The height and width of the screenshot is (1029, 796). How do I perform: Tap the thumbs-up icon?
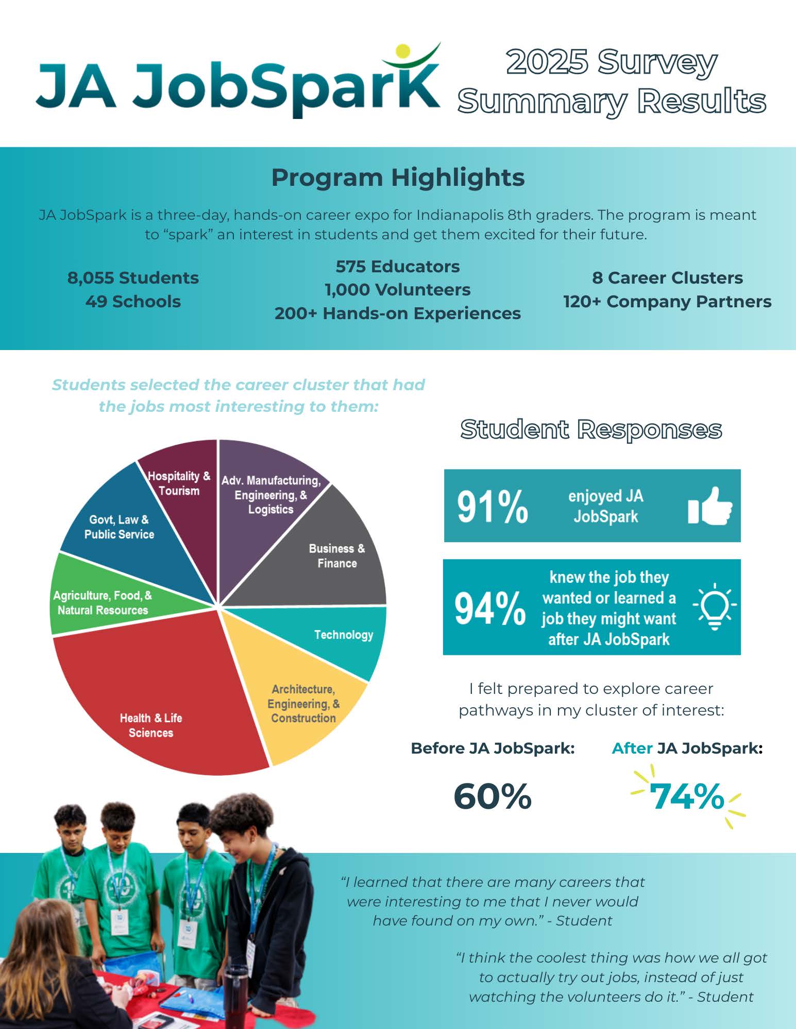pyautogui.click(x=710, y=506)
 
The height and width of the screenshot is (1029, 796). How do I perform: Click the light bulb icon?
pyautogui.click(x=715, y=606)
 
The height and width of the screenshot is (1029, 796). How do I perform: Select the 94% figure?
pyautogui.click(x=489, y=608)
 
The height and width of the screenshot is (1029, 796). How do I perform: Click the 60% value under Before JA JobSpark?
pyautogui.click(x=492, y=796)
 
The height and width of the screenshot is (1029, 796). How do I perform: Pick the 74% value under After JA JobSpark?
pyautogui.click(x=687, y=796)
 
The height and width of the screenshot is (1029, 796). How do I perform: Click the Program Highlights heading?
pyautogui.click(x=398, y=178)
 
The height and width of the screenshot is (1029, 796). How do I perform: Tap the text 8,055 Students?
pyautogui.click(x=133, y=278)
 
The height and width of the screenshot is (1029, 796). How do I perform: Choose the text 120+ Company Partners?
pyautogui.click(x=667, y=302)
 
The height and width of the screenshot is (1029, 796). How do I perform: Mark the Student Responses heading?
pyautogui.click(x=591, y=429)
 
